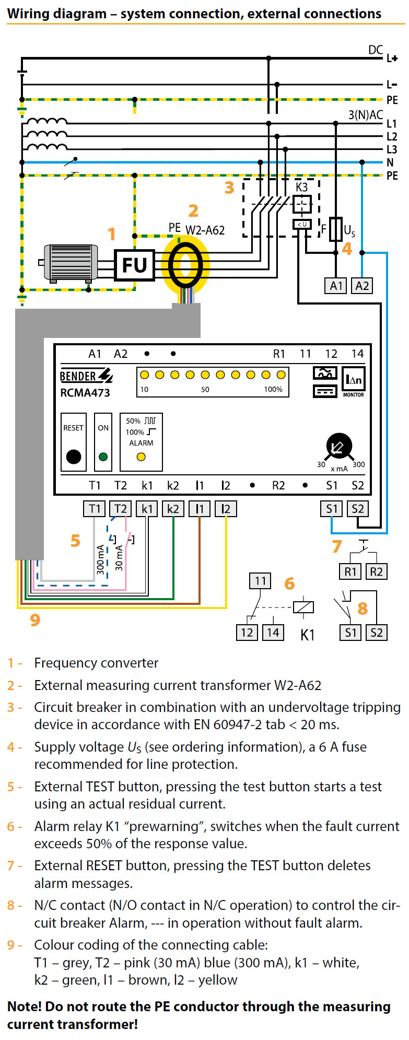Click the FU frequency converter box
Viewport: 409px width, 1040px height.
134,265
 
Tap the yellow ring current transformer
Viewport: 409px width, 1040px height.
185,265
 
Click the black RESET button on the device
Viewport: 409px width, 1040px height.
74,457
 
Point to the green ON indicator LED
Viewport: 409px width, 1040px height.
103,457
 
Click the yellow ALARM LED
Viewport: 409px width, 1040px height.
141,457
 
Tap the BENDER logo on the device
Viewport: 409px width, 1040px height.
86,376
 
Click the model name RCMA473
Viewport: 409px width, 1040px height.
85,393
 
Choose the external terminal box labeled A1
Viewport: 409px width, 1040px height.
336,286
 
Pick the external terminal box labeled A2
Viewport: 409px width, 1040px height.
362,286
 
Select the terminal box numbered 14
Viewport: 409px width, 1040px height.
273,633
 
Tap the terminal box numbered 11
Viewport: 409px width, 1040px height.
260,581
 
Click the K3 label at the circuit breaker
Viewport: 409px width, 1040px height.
301,187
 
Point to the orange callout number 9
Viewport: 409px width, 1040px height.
35,620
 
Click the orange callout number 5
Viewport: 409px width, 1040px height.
75,541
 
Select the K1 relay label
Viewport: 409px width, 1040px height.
308,635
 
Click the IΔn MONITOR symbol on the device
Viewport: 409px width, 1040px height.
353,381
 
